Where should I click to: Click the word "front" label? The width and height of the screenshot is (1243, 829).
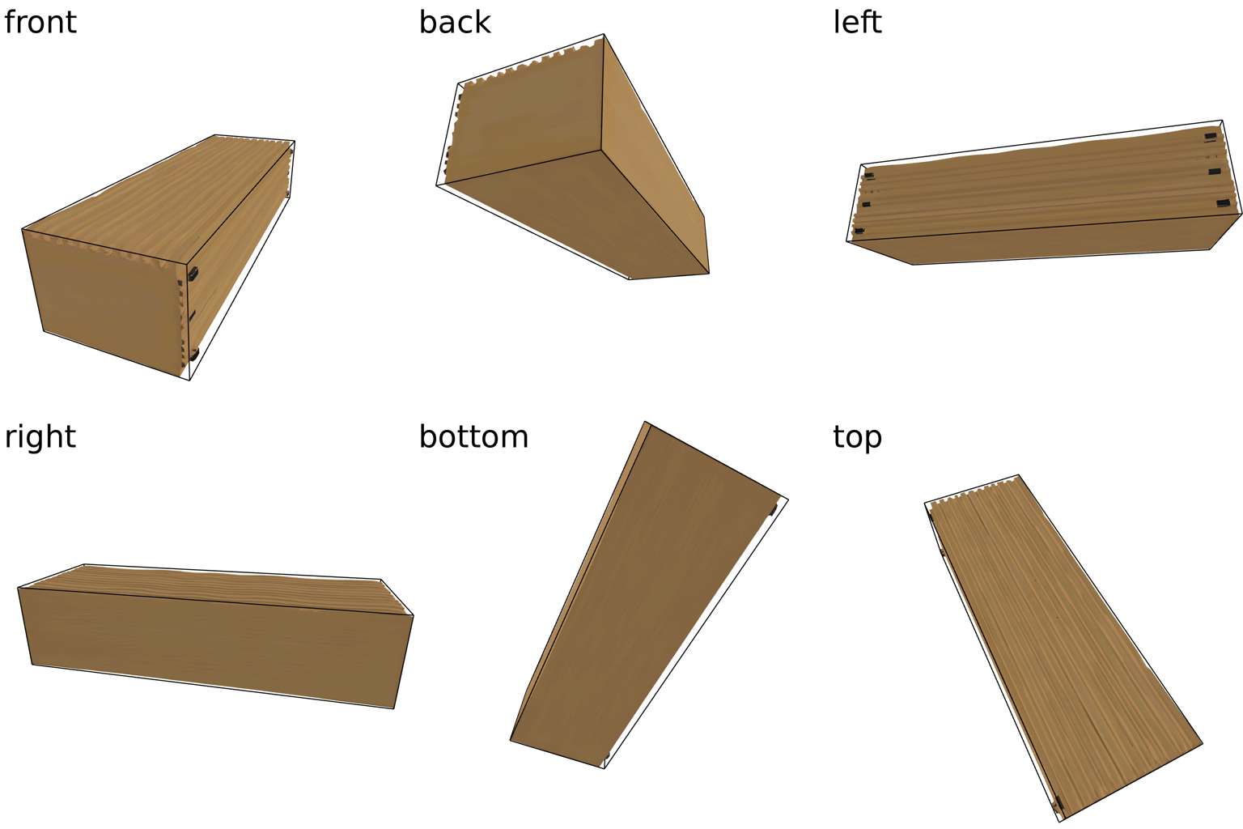[x=40, y=22]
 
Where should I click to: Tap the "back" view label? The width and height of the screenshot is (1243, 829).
[x=455, y=22]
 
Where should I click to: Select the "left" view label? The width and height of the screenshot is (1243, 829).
[x=857, y=22]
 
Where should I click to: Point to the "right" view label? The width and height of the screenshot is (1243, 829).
[x=40, y=437]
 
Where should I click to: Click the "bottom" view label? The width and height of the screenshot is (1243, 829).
[x=473, y=436]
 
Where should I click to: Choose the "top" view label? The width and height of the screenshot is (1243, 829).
[x=857, y=437]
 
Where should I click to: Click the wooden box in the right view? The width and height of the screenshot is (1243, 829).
[x=215, y=636]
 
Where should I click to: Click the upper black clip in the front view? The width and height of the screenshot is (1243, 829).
[x=193, y=274]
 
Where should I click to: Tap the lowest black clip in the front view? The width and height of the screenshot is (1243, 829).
[x=194, y=354]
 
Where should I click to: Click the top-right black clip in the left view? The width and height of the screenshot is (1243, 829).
[x=1211, y=137]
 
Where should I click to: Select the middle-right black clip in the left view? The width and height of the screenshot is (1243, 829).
[x=1215, y=172]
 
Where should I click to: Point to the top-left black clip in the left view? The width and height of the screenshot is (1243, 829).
[x=869, y=176]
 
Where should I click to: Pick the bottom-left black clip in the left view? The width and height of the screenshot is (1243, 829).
[x=859, y=231]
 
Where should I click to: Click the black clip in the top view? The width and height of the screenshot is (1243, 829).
[x=1058, y=803]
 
